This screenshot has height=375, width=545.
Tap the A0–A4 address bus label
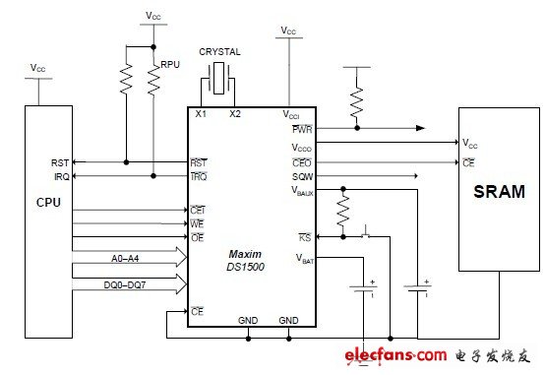pyautogui.click(x=128, y=258)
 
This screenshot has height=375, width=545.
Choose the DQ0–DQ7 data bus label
pyautogui.click(x=130, y=281)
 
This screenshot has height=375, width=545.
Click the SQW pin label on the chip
pyautogui.click(x=301, y=175)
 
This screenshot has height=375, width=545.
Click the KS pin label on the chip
pyautogui.click(x=305, y=237)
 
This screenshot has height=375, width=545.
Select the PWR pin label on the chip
pyautogui.click(x=302, y=128)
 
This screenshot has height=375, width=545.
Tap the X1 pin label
pyautogui.click(x=201, y=114)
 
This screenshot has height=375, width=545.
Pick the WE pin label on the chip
pyautogui.click(x=197, y=223)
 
